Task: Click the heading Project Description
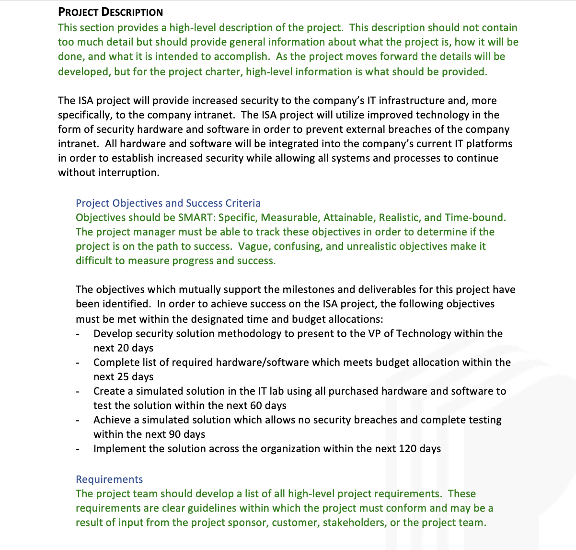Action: [110, 12]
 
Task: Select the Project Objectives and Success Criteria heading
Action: [168, 203]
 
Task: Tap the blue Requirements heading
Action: [109, 480]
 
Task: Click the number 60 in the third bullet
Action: [256, 406]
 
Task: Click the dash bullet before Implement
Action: [78, 449]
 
